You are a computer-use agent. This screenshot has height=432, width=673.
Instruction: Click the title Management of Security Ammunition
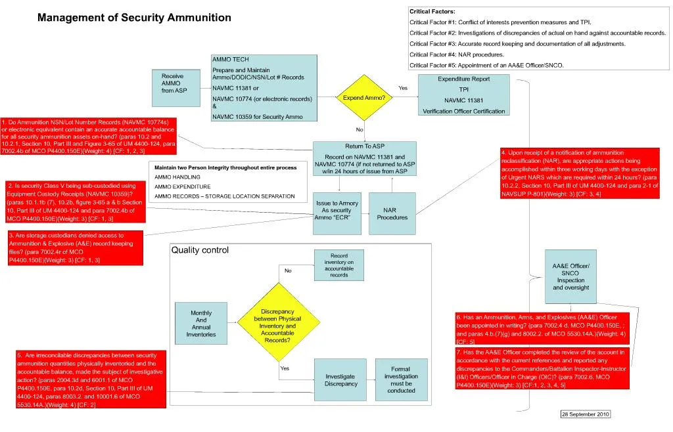pyautogui.click(x=134, y=18)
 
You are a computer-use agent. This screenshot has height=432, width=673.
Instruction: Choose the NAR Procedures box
pyautogui.click(x=392, y=213)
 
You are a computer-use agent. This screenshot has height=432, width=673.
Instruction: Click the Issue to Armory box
pyautogui.click(x=336, y=213)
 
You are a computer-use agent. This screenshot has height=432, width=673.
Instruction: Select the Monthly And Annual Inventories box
pyautogui.click(x=201, y=323)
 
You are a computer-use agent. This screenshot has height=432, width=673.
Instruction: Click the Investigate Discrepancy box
pyautogui.click(x=340, y=380)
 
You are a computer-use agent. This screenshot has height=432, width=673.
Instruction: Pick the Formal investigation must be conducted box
pyautogui.click(x=401, y=379)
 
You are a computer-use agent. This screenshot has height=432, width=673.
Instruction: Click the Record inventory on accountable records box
pyautogui.click(x=338, y=265)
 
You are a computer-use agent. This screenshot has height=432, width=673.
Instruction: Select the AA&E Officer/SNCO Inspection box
pyautogui.click(x=570, y=276)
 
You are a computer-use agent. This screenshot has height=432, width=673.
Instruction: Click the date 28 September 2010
pyautogui.click(x=585, y=414)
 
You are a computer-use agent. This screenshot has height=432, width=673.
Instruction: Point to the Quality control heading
pyautogui.click(x=200, y=250)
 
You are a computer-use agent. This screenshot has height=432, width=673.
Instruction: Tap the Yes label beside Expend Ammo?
pyautogui.click(x=403, y=88)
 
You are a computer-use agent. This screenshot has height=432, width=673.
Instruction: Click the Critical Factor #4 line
pyautogui.click(x=457, y=54)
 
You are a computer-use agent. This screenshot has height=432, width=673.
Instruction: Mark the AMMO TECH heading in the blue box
pyautogui.click(x=230, y=60)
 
